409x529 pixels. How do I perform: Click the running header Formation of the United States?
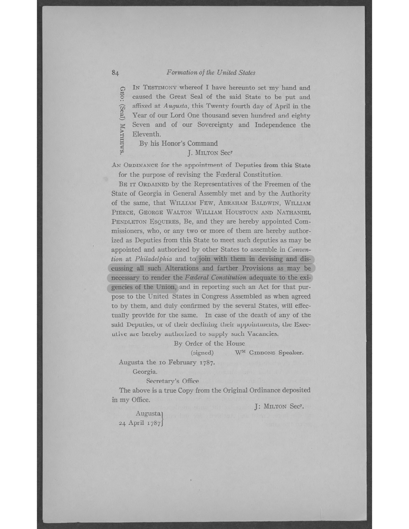211,72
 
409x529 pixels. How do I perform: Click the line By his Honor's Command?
178,143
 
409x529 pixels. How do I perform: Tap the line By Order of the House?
209,343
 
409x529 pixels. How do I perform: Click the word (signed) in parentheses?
202,353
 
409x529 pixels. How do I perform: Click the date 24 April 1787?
139,423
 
